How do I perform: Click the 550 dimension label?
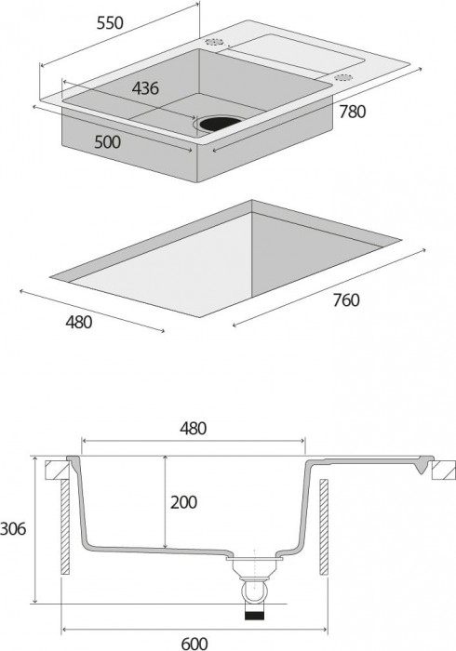coord(110,23)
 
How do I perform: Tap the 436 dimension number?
coord(145,88)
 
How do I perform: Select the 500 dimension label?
coord(108,142)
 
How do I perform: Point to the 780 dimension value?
coord(353,112)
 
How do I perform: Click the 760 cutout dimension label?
coord(346,299)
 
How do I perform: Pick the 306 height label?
coord(13,529)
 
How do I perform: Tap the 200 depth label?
coord(183,502)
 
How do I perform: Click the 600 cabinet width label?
coord(194,644)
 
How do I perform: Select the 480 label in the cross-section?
coord(194,429)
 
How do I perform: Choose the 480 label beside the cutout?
coord(79,322)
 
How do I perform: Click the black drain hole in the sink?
coord(221,123)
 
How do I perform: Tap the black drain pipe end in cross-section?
coord(255,616)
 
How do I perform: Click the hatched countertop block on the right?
coord(444,471)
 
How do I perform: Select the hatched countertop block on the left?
coord(57,470)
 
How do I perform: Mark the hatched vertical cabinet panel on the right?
coord(324,527)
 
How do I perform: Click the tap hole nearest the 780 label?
coord(344,77)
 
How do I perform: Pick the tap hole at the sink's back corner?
coord(214,42)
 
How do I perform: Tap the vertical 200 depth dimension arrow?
coord(166,501)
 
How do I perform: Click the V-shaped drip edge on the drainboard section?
coord(422,466)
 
